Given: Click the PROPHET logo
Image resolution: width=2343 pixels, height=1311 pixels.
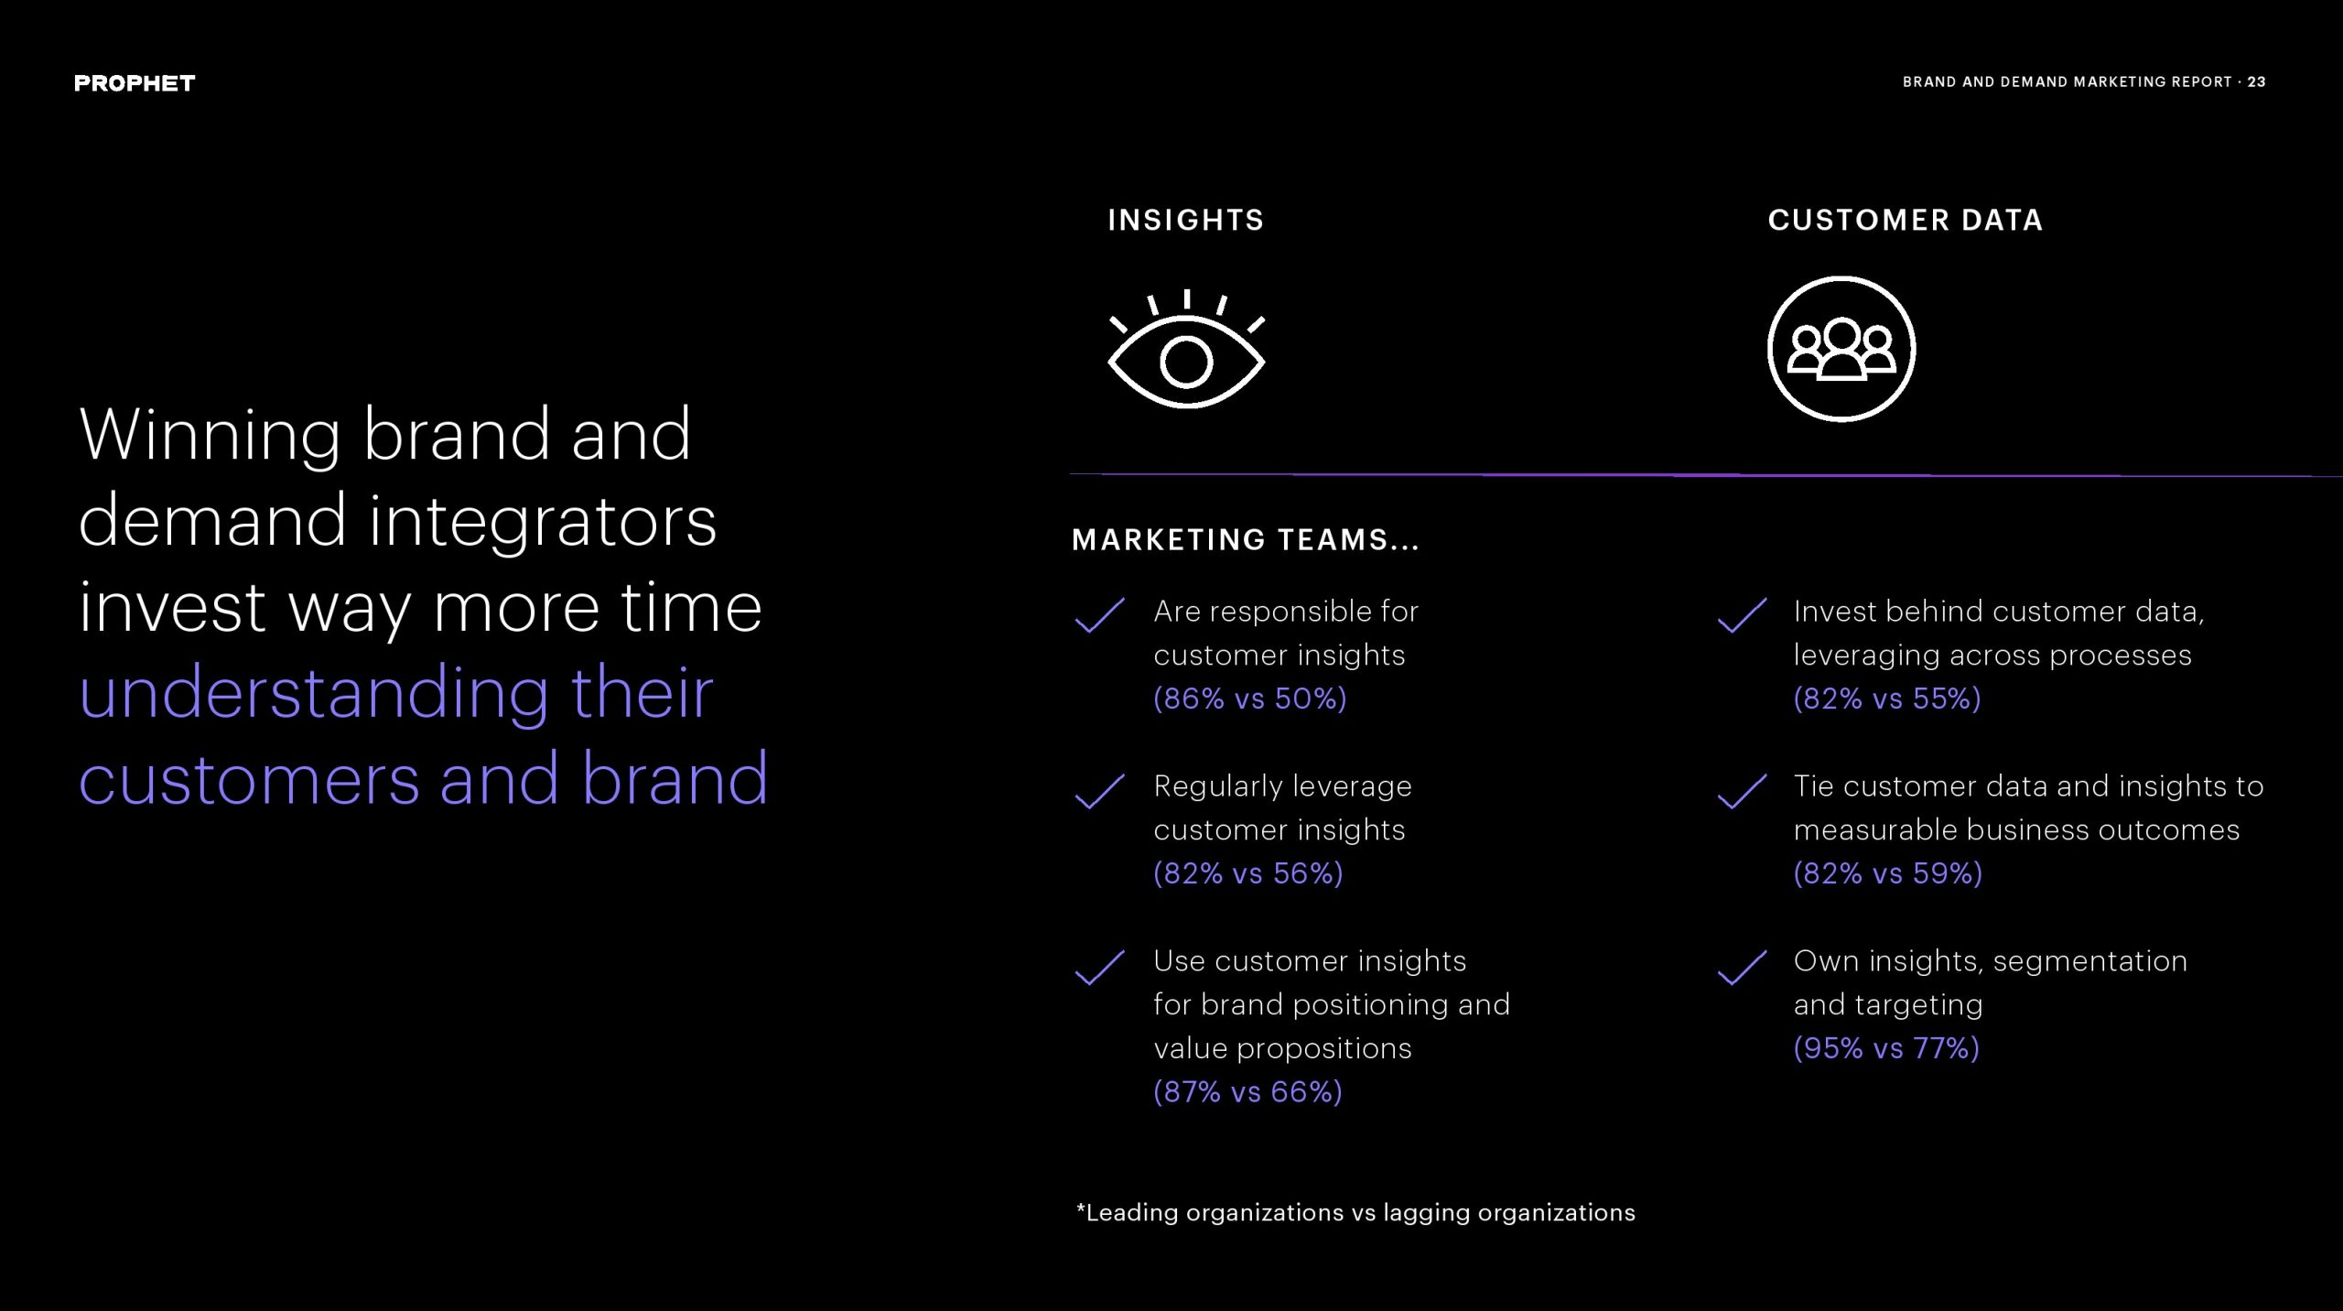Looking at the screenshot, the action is click(x=135, y=83).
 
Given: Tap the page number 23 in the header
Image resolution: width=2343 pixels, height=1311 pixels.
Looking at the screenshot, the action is click(x=2256, y=81).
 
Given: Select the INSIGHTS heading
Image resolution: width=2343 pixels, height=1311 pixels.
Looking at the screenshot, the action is click(x=1186, y=220).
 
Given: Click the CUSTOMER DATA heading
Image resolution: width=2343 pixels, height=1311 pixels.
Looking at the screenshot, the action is click(x=1906, y=220).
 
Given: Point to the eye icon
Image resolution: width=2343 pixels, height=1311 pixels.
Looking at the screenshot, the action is click(x=1186, y=349).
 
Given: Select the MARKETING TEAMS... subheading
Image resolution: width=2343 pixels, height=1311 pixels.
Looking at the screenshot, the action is click(x=1246, y=540).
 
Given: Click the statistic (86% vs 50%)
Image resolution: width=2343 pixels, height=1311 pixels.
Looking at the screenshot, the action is click(x=1250, y=699).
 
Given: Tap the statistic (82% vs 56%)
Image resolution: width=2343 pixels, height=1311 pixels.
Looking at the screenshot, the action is click(x=1248, y=873).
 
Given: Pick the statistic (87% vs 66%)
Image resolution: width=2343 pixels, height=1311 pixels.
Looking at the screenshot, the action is click(x=1248, y=1091).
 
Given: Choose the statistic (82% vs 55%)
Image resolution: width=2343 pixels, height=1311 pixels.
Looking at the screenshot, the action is click(x=1887, y=699).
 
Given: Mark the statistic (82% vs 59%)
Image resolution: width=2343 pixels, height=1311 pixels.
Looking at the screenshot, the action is click(x=1888, y=873).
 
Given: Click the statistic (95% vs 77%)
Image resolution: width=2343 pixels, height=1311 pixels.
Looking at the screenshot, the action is click(x=1886, y=1047).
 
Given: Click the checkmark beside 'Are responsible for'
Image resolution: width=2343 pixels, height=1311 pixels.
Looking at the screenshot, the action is click(x=1099, y=615).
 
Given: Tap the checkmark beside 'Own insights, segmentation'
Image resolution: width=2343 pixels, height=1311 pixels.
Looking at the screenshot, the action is click(x=1742, y=967).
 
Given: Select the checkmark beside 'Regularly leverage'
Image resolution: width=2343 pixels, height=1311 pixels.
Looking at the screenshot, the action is click(x=1099, y=791).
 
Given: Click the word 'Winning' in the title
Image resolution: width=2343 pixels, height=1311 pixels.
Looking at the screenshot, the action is click(x=210, y=436).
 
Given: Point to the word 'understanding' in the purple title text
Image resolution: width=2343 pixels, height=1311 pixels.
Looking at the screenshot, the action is click(x=314, y=695).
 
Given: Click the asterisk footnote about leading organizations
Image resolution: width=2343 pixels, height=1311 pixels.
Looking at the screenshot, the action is click(x=1355, y=1213).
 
